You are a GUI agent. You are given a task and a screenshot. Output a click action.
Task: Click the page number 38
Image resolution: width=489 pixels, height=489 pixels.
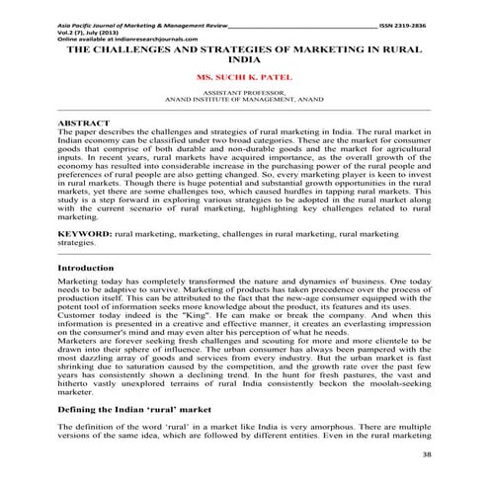point(426,454)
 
